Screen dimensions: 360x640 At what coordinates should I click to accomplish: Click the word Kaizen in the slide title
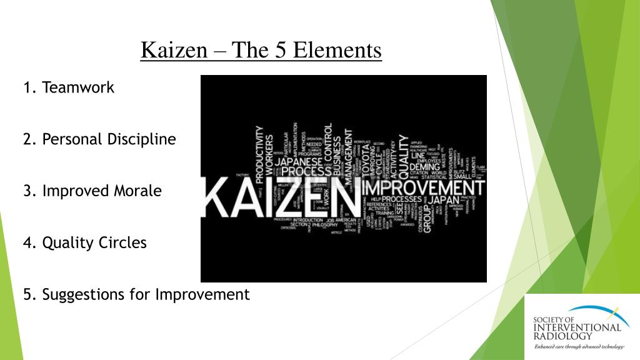pos(174,49)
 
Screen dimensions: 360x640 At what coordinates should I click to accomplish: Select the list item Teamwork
pos(78,87)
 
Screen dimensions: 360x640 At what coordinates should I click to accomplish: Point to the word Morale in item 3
pos(137,191)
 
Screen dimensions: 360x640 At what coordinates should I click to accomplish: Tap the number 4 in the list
pos(28,242)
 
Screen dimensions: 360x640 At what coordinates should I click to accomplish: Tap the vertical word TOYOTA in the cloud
pos(366,162)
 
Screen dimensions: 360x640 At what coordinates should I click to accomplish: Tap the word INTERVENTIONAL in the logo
pos(577,327)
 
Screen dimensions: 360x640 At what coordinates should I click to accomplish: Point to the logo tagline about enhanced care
pos(578,346)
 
